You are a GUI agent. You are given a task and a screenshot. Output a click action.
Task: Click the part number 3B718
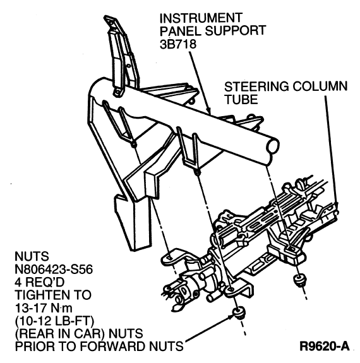[178, 44]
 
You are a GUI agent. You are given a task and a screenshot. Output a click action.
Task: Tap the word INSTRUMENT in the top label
[201, 18]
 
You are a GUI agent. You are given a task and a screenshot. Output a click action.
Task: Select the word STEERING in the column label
[256, 86]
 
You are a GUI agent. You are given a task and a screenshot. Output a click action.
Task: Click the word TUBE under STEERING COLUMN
[241, 99]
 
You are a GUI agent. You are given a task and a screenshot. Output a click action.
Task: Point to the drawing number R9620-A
[325, 347]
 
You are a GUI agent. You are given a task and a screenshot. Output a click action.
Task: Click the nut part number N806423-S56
[54, 270]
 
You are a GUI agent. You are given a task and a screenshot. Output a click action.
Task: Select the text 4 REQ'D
[40, 282]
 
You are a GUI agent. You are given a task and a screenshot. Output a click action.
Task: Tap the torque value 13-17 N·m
[44, 308]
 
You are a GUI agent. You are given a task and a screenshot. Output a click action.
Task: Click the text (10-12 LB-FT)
[55, 321]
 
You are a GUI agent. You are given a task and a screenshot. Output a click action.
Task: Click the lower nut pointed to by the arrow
[238, 313]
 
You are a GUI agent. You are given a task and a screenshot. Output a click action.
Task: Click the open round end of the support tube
[272, 146]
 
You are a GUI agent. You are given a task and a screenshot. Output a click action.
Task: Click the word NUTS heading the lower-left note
[32, 256]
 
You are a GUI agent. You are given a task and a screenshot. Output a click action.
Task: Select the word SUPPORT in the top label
[236, 31]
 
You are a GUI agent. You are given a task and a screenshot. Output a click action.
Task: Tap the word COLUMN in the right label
[320, 86]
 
